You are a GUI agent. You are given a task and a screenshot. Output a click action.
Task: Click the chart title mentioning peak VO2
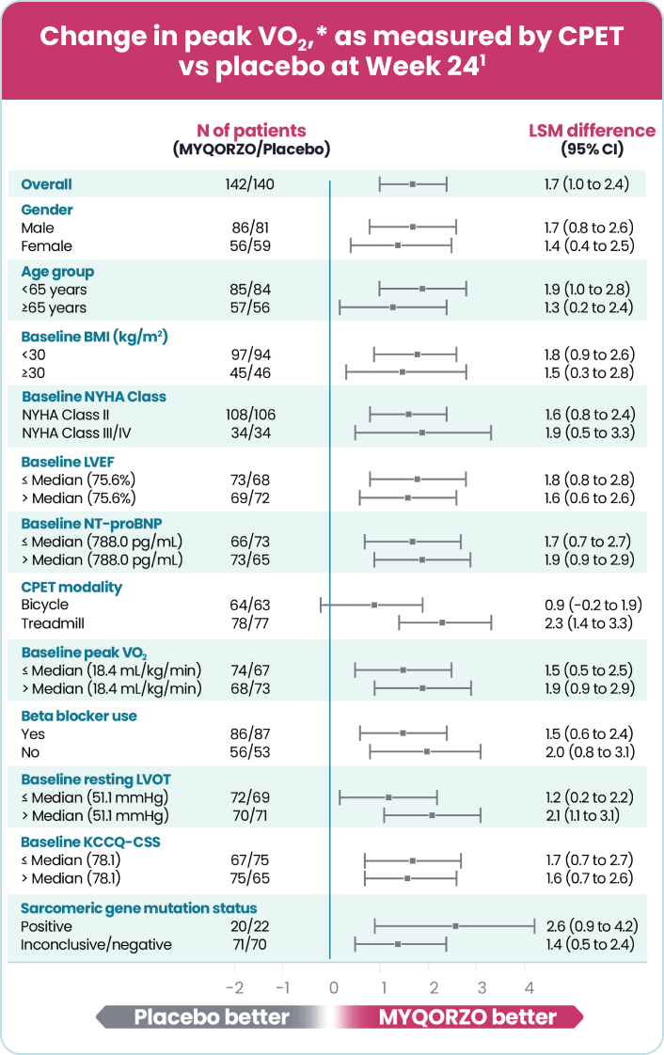(331, 51)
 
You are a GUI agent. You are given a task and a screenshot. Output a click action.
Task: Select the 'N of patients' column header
(251, 132)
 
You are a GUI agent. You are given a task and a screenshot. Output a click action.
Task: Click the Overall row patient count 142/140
(251, 184)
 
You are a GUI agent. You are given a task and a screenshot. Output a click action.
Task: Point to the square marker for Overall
(412, 184)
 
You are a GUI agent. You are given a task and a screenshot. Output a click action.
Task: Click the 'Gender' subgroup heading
(47, 210)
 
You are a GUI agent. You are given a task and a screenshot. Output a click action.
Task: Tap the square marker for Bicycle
(374, 605)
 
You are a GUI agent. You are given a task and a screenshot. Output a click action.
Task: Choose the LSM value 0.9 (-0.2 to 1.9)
(588, 605)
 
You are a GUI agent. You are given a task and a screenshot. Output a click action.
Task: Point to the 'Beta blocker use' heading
(79, 716)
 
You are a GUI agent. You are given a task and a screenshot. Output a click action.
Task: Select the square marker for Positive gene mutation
(456, 926)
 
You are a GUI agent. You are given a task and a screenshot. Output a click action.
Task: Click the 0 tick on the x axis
(332, 987)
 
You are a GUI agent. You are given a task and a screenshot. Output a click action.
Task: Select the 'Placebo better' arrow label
(211, 1017)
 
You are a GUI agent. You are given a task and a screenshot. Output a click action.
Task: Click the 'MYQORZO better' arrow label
(466, 1017)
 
